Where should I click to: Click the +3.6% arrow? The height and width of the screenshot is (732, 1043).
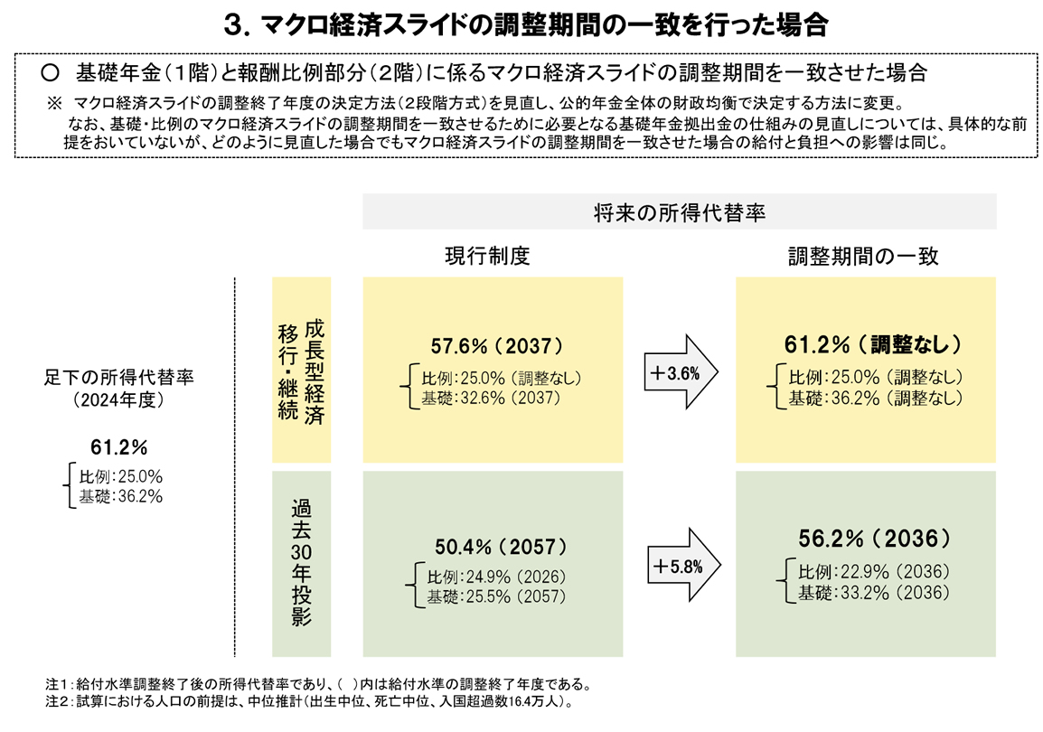click(679, 371)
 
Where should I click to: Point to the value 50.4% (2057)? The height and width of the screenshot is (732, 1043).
click(500, 547)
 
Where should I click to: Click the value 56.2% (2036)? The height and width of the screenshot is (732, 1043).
click(874, 540)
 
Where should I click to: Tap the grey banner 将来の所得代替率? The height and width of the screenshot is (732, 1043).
click(679, 212)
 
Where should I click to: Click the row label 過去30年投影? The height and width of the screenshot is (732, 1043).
click(302, 561)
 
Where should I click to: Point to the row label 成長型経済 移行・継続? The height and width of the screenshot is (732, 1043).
click(302, 371)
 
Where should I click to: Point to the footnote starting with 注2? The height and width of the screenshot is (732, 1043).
click(309, 700)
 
